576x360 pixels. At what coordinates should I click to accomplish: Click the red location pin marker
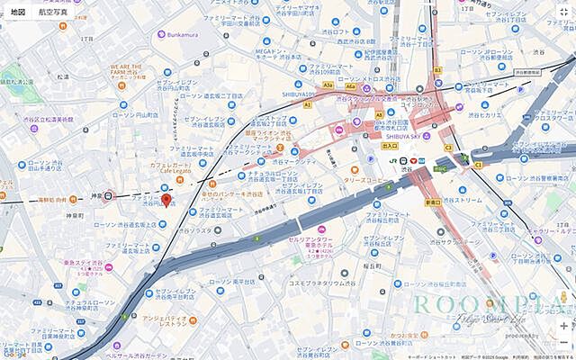coord(166,201)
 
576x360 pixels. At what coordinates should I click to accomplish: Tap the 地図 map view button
coord(18,13)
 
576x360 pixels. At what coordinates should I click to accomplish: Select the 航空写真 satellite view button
coord(52,13)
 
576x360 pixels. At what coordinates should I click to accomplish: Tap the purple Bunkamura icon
coord(162,34)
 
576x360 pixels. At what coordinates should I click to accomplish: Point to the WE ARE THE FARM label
coord(130,69)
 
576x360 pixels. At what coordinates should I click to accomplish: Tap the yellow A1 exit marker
coord(307,104)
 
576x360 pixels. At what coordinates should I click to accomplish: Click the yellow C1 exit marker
coord(478,165)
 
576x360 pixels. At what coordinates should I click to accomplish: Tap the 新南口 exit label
coord(433,202)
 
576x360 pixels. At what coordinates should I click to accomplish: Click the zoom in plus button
coord(563,326)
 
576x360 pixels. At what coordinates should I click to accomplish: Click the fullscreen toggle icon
coord(562,13)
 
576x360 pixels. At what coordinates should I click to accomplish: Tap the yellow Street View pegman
coord(563,297)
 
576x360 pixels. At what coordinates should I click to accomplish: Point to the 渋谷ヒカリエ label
coord(490,115)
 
